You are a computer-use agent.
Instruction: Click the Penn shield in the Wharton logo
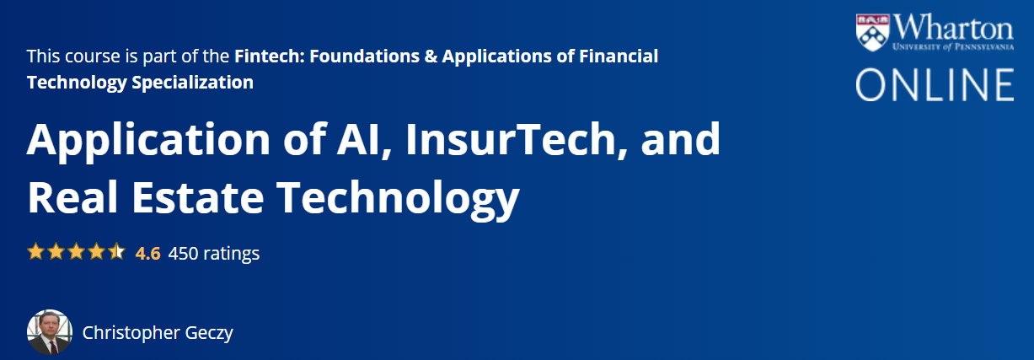(x=872, y=32)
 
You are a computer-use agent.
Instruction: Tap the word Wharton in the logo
(x=953, y=28)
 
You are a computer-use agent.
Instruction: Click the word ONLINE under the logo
(x=935, y=84)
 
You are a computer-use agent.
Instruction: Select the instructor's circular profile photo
(x=50, y=332)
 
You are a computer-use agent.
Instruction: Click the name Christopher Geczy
(x=158, y=333)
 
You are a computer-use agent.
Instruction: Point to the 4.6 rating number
(x=147, y=254)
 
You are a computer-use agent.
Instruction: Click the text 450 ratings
(x=214, y=254)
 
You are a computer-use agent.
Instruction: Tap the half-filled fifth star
(x=117, y=252)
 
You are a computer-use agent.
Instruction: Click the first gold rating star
(x=35, y=252)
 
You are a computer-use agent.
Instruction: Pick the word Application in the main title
(x=148, y=142)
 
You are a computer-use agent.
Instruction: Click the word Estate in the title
(x=198, y=198)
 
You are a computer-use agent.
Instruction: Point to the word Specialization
(x=192, y=83)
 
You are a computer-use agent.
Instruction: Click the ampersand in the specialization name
(x=431, y=56)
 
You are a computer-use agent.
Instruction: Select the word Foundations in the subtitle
(x=364, y=56)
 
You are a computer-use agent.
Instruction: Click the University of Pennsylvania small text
(x=953, y=47)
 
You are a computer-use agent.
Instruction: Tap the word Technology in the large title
(x=398, y=199)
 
